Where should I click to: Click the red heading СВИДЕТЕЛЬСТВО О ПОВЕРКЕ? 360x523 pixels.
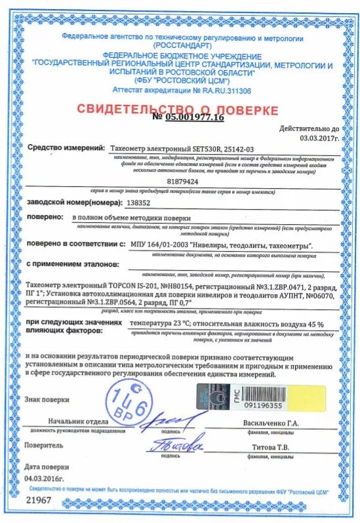coord(177,109)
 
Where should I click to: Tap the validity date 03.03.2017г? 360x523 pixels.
coord(319,138)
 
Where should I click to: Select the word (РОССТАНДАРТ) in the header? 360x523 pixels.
coord(183,46)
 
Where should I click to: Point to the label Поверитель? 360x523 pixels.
coord(44,444)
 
